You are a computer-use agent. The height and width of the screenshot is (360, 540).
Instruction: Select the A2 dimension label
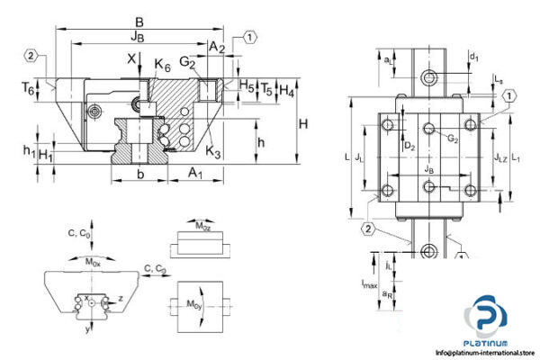pyautogui.click(x=216, y=46)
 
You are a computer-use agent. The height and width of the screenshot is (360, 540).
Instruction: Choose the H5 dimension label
pyautogui.click(x=247, y=85)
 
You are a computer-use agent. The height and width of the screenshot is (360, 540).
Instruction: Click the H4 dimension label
pyautogui.click(x=285, y=90)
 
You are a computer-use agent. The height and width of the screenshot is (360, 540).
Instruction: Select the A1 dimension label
pyautogui.click(x=193, y=173)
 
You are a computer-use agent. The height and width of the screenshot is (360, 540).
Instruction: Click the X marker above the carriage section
pyautogui.click(x=133, y=59)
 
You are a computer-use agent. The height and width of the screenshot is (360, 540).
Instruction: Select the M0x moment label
pyautogui.click(x=93, y=262)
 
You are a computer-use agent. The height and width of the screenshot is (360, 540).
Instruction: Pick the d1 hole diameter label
pyautogui.click(x=474, y=58)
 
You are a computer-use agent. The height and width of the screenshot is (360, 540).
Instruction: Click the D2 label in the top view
pyautogui.click(x=409, y=144)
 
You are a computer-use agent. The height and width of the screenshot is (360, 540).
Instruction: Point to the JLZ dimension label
pyautogui.click(x=500, y=157)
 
